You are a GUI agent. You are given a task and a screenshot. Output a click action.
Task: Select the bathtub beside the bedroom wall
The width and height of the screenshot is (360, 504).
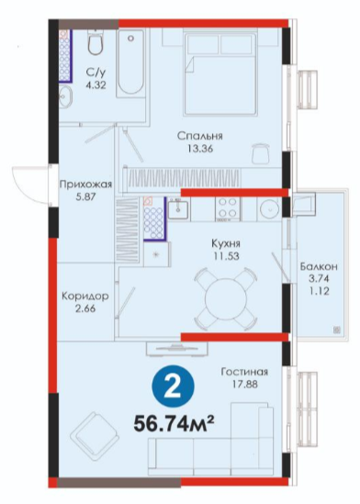click(x=130, y=63)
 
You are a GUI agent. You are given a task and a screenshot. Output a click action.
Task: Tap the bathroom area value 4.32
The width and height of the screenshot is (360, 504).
click(x=96, y=85)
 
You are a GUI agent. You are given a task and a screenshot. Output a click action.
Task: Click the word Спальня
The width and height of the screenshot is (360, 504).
click(x=200, y=136)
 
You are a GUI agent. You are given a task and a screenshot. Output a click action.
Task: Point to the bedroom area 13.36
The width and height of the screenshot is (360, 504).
click(x=200, y=149)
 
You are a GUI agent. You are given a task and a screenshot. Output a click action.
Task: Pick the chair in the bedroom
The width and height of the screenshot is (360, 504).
click(x=261, y=153)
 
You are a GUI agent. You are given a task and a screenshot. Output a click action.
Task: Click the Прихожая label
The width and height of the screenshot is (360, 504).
click(x=85, y=185)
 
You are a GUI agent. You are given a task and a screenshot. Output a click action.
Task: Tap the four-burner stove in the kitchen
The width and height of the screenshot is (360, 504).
click(x=227, y=209)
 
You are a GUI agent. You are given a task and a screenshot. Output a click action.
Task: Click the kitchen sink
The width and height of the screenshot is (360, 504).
click(x=179, y=209)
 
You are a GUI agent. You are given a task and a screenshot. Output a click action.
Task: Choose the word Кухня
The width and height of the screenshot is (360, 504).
click(x=226, y=243)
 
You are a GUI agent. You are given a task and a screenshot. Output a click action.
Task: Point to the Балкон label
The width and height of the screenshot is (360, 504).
click(x=319, y=266)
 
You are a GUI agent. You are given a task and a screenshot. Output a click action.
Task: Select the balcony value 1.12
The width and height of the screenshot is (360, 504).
click(x=319, y=291)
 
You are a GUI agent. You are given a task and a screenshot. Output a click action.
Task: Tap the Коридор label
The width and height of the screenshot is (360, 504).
click(x=85, y=296)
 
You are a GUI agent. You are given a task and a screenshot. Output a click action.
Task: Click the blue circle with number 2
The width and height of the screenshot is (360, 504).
click(x=174, y=386)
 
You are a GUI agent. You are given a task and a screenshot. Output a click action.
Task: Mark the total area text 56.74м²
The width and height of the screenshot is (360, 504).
click(x=174, y=424)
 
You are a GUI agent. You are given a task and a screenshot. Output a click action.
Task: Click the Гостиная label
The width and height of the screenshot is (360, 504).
click(x=244, y=372)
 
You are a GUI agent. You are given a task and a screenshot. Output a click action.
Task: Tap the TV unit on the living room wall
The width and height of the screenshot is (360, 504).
click(x=176, y=349)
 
